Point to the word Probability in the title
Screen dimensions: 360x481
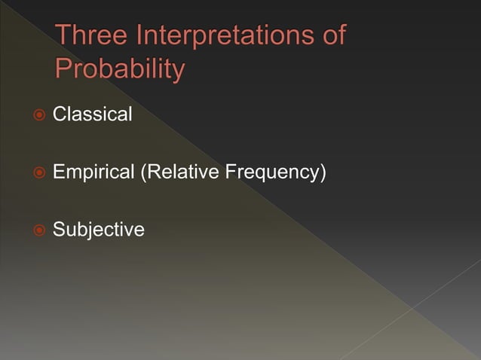pyautogui.click(x=120, y=69)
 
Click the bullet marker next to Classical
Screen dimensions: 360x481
pyautogui.click(x=39, y=115)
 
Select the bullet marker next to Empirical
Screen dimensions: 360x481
pyautogui.click(x=39, y=173)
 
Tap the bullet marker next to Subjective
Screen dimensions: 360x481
pyautogui.click(x=39, y=230)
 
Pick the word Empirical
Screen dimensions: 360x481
pyautogui.click(x=93, y=172)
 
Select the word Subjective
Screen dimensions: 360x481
pyautogui.click(x=98, y=230)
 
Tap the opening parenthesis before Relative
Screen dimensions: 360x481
pyautogui.click(x=143, y=173)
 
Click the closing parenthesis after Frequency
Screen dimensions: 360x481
pyautogui.click(x=323, y=173)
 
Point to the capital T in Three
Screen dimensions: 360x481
pyautogui.click(x=64, y=35)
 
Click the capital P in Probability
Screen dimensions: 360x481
pyautogui.click(x=64, y=69)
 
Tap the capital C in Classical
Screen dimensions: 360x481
pyautogui.click(x=60, y=115)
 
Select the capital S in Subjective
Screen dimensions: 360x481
pyautogui.click(x=59, y=230)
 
